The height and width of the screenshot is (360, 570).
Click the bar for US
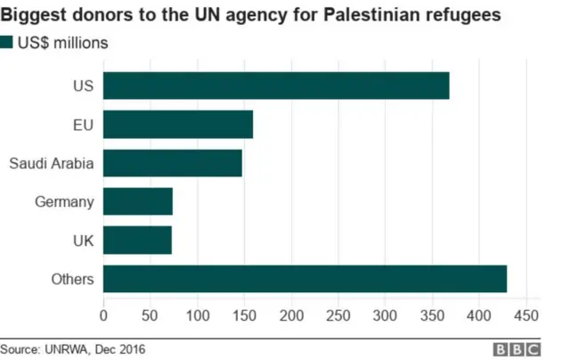(x=276, y=86)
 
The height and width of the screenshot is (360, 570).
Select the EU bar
(x=178, y=124)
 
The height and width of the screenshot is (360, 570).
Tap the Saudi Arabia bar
(x=173, y=163)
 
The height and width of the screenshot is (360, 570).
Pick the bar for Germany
(x=138, y=201)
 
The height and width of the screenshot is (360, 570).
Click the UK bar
(x=137, y=240)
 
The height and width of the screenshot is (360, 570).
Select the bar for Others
(x=305, y=279)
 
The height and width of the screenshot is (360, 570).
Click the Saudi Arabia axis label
(x=51, y=163)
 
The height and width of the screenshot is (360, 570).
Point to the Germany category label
(x=63, y=202)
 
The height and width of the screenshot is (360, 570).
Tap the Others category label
(x=73, y=280)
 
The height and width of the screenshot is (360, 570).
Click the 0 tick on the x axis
(x=104, y=315)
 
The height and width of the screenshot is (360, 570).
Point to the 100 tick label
(x=198, y=315)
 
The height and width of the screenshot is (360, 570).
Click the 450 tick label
(x=526, y=315)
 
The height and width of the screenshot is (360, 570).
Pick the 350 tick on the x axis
(x=432, y=315)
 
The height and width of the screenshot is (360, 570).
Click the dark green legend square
(x=7, y=43)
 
